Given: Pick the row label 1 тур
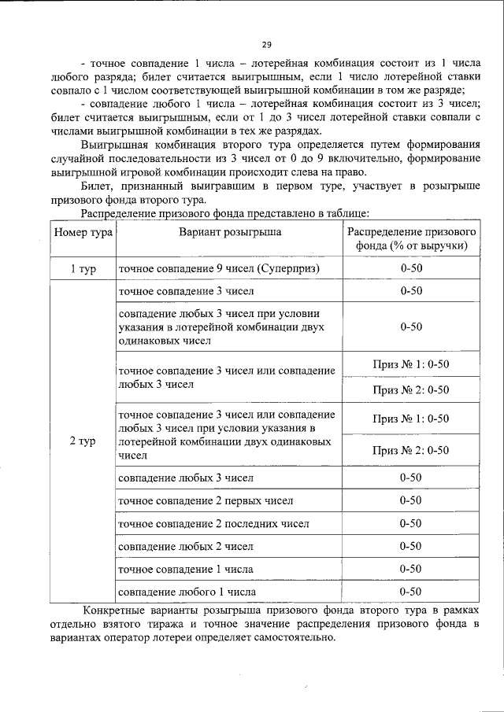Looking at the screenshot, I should pos(83,269).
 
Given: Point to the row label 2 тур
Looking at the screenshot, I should pos(83,441).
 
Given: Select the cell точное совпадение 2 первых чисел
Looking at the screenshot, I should pos(206,500).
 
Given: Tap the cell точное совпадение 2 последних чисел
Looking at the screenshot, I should pos(213,523).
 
